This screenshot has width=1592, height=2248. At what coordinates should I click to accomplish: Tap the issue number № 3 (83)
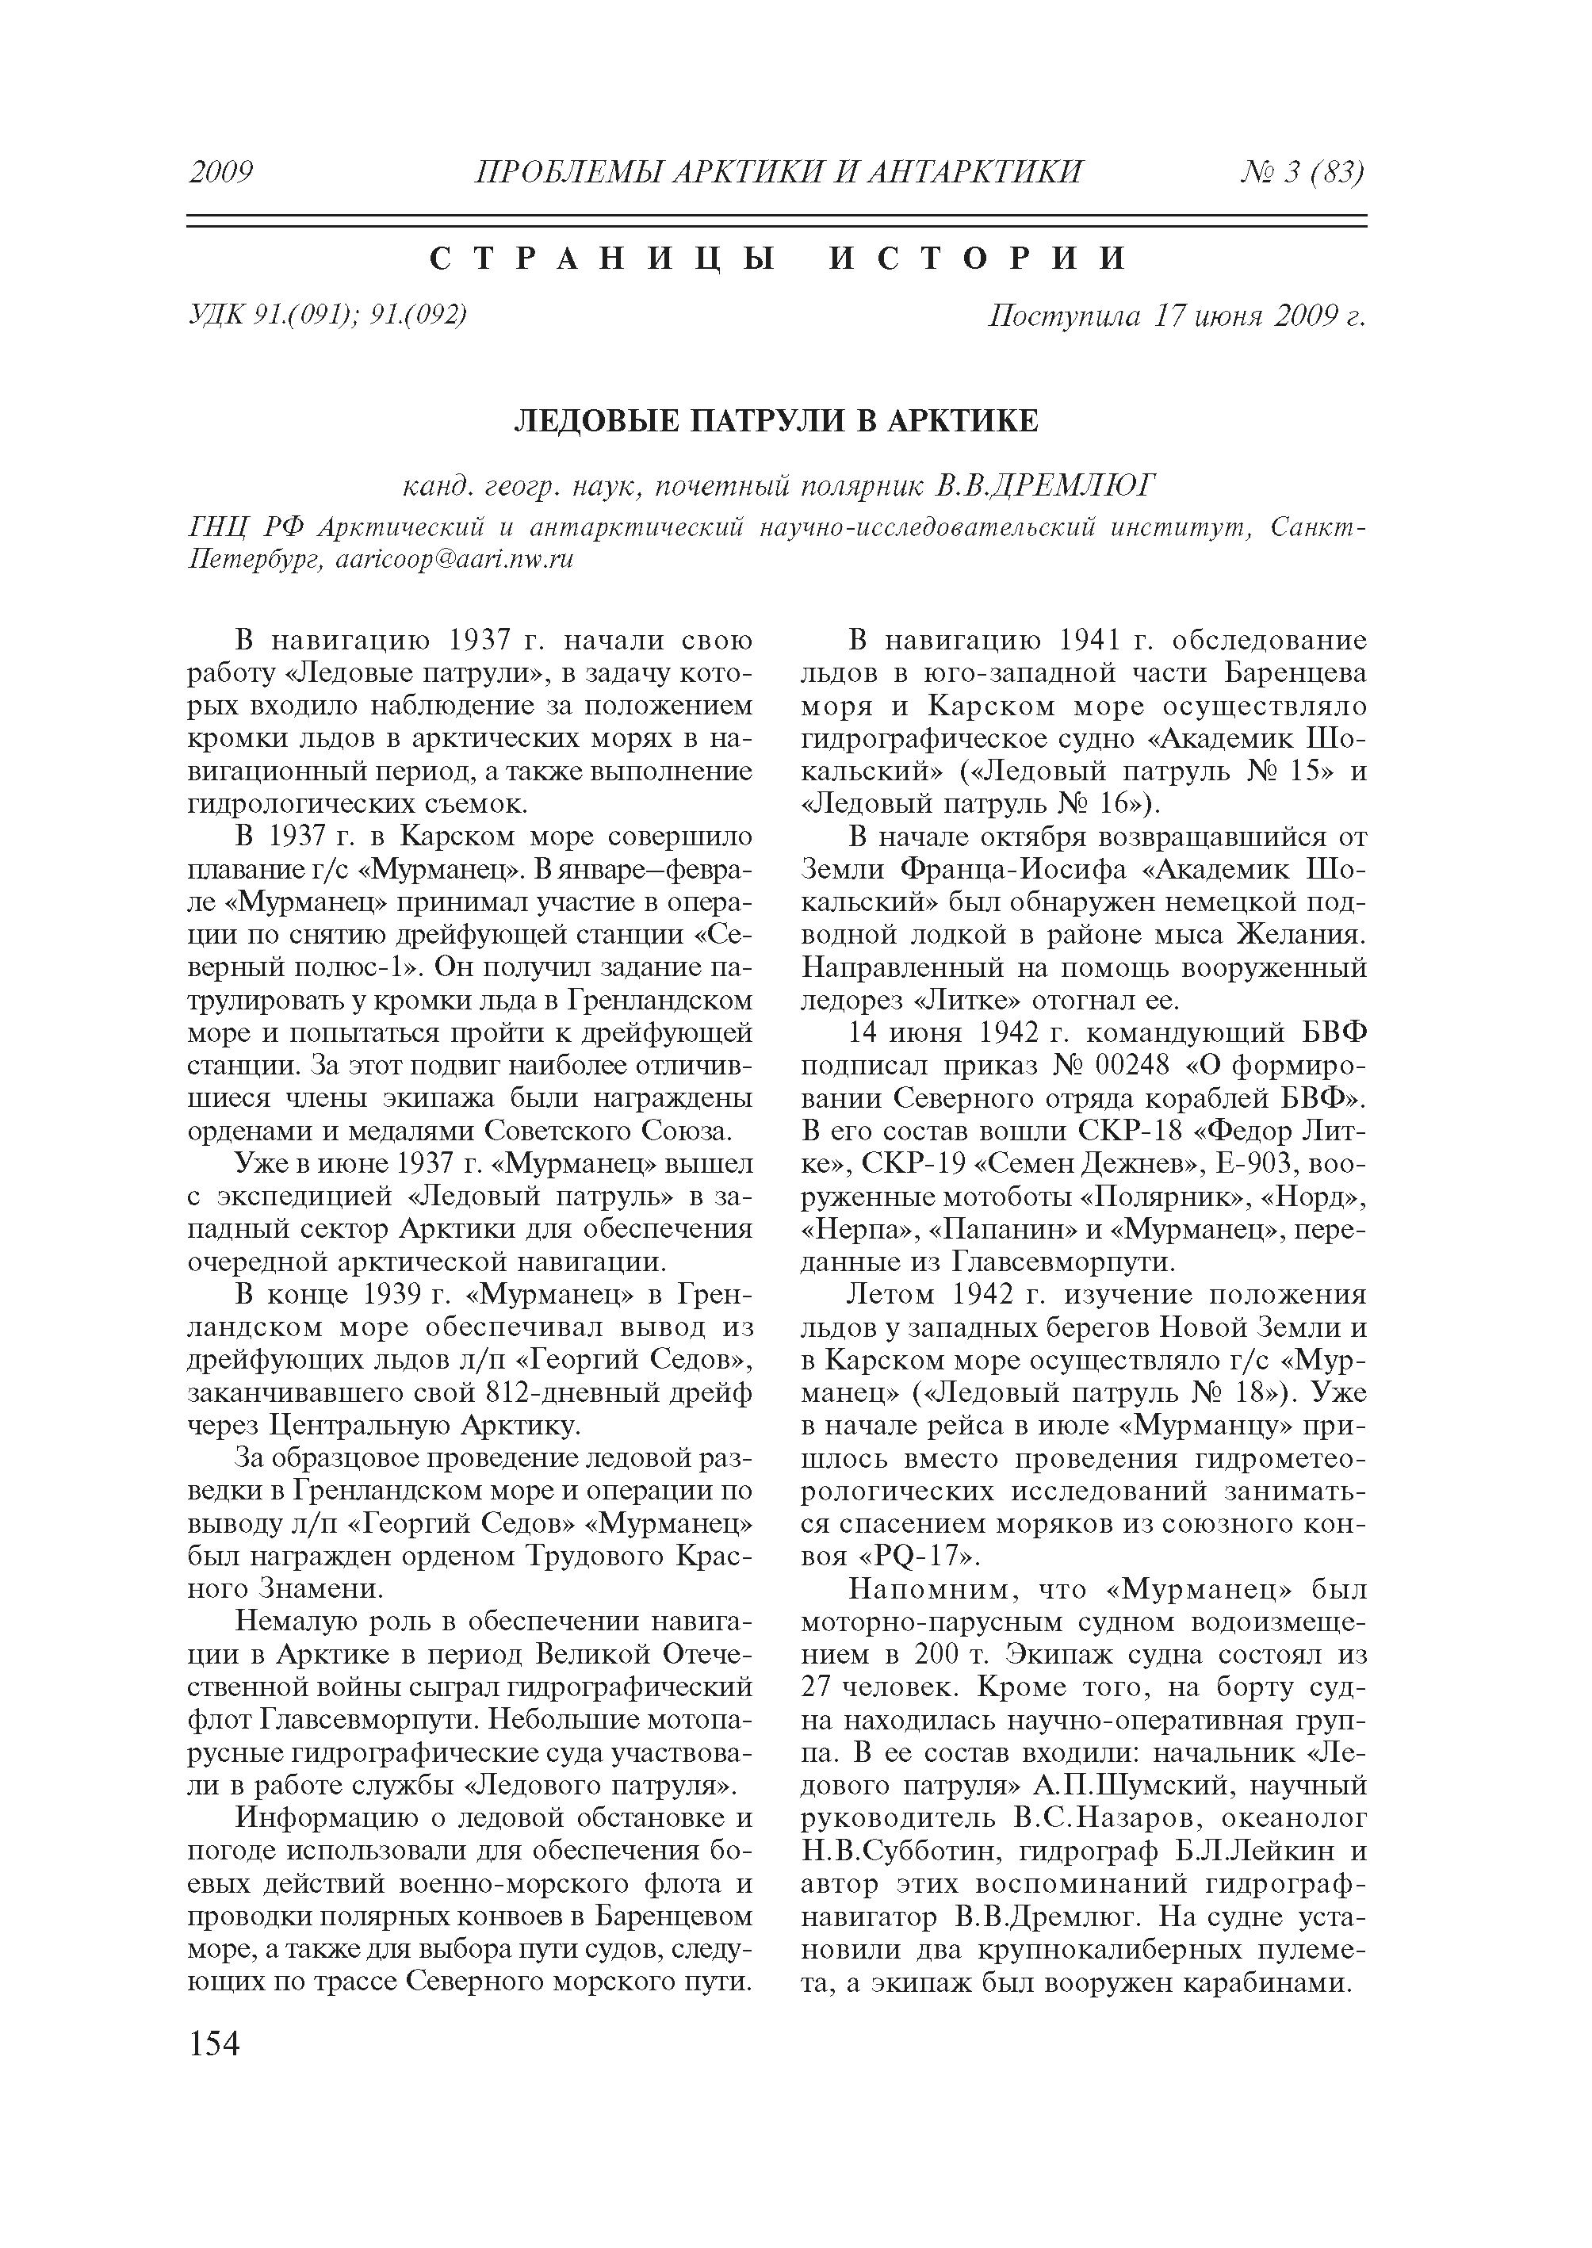1303,173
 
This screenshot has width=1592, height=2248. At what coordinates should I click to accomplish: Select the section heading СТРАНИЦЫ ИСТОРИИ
779,259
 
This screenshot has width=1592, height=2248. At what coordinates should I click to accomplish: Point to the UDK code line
327,315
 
